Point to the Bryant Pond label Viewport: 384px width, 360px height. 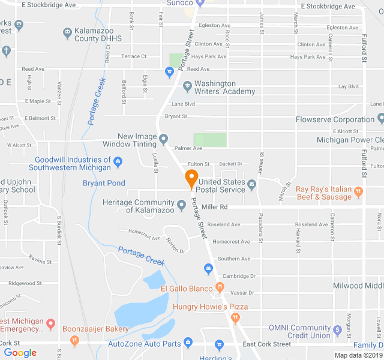(x=104, y=183)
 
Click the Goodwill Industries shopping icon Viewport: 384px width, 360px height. (x=118, y=160)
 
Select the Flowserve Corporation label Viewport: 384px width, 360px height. (x=335, y=119)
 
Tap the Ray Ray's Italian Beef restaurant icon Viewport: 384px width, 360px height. (x=359, y=193)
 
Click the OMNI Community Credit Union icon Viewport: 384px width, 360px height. (x=338, y=328)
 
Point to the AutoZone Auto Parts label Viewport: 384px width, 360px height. (x=144, y=344)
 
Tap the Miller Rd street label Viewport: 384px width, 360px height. (x=215, y=207)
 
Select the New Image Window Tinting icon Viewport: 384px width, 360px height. (x=163, y=140)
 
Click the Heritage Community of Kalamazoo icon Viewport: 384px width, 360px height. (x=181, y=206)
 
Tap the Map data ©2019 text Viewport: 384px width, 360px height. (x=358, y=355)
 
